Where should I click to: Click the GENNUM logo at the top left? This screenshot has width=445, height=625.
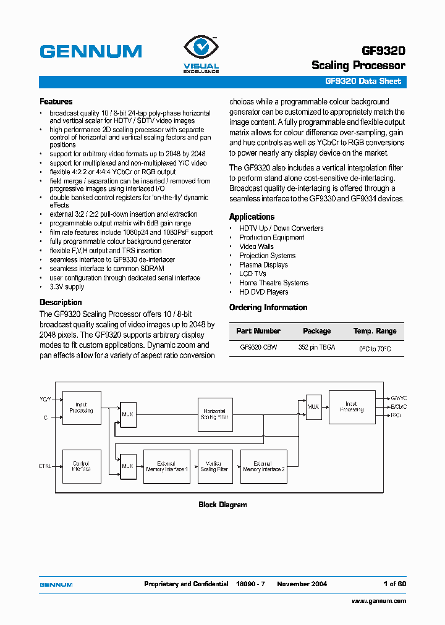click(91, 51)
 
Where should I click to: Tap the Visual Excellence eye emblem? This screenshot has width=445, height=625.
click(200, 48)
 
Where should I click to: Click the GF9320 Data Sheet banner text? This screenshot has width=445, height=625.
click(363, 82)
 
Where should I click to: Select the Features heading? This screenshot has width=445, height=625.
click(56, 101)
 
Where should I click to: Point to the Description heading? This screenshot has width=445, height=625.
click(61, 302)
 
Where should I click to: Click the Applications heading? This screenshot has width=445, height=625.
click(252, 217)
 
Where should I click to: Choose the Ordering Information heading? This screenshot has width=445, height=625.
click(268, 308)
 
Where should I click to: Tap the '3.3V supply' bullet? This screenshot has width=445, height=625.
click(67, 287)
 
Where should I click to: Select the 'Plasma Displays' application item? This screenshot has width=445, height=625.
click(263, 264)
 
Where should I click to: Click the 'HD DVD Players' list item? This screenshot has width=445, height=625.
click(263, 292)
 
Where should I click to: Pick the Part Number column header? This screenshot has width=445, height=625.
click(258, 331)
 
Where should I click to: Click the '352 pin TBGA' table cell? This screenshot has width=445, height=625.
click(316, 348)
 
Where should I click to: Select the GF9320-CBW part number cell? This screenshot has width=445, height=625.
click(258, 348)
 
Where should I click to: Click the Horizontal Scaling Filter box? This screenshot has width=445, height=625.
click(214, 414)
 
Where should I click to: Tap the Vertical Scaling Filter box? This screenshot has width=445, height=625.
click(214, 466)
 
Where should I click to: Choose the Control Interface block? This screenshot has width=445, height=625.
click(82, 466)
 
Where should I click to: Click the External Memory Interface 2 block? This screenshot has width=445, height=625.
click(263, 466)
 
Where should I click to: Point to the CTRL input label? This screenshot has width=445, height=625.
click(45, 466)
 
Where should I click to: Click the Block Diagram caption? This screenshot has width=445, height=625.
click(222, 505)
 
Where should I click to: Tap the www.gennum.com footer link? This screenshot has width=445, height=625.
click(378, 601)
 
